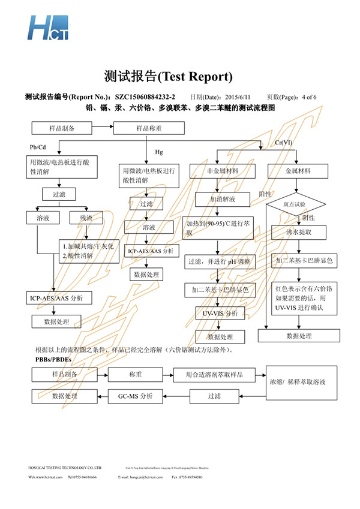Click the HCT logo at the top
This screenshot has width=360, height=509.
coord(48,27)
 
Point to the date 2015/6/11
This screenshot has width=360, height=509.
coord(235,97)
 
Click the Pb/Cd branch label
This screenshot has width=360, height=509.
coord(37,147)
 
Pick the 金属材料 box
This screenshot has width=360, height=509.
coord(298,171)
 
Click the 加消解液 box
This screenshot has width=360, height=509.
coord(222,198)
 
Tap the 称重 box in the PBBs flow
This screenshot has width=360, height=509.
coord(134,374)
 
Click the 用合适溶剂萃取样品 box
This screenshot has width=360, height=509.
coord(214,374)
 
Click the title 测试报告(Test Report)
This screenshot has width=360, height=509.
coord(167,76)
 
